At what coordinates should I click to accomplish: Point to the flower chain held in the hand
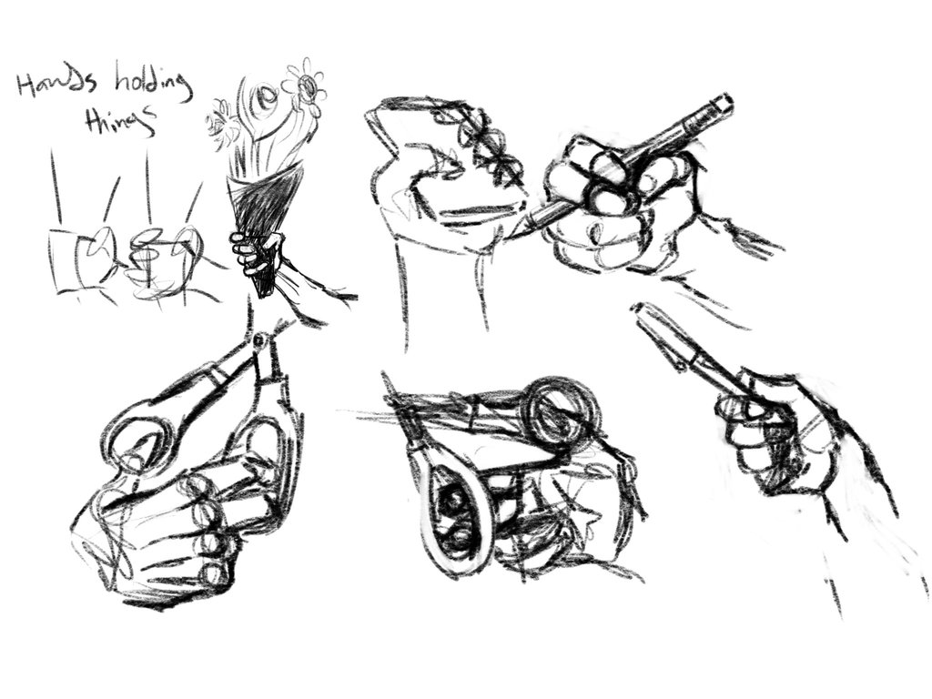(487, 146)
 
